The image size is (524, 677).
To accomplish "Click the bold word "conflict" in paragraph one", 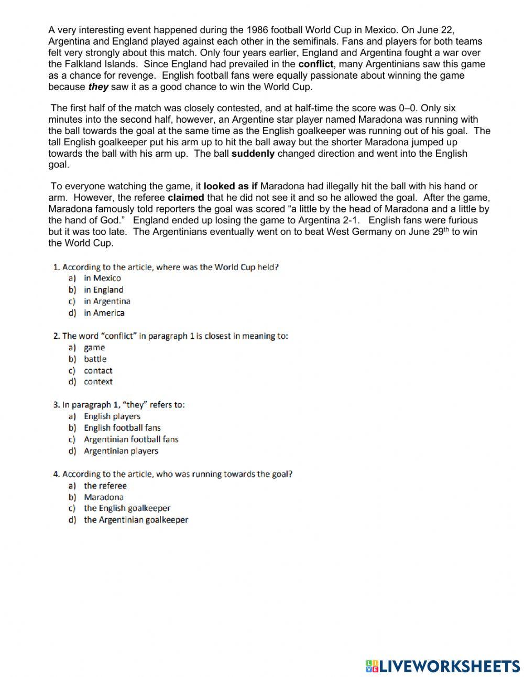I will (315, 65).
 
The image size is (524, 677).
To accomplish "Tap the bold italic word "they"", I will (98, 87).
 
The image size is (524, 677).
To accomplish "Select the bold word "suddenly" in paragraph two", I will (253, 154).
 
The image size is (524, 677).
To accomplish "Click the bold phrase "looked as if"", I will (231, 186).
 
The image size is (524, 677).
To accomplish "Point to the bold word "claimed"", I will (186, 198).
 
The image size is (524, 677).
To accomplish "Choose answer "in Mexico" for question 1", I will (102, 278).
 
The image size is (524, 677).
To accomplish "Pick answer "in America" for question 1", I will (104, 313).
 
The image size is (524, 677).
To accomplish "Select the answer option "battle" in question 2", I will (95, 359).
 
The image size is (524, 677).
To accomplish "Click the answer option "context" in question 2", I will (98, 382).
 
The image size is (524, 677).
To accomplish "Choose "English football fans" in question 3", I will (122, 428).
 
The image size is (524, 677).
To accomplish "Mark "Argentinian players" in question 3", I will (121, 451).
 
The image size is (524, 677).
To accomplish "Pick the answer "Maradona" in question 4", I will (104, 497).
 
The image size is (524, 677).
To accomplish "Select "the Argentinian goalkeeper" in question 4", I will (136, 520).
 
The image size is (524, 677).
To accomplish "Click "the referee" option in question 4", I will (105, 486).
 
